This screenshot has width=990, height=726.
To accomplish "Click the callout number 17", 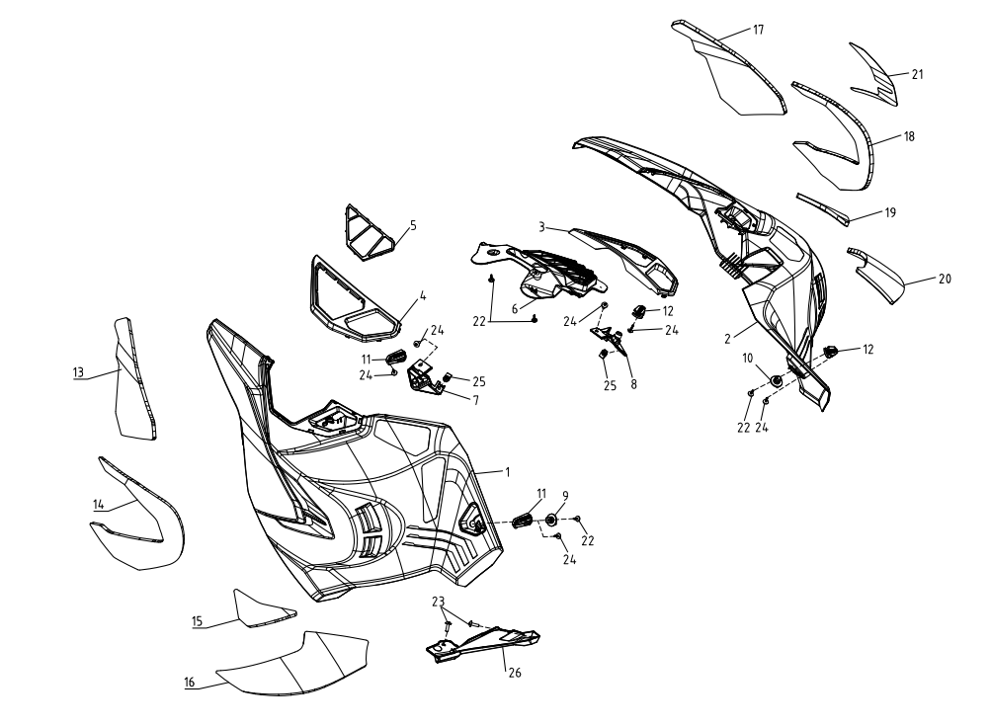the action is click(758, 30).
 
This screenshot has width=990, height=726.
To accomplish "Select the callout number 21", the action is click(918, 74).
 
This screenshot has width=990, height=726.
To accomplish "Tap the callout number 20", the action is click(945, 279).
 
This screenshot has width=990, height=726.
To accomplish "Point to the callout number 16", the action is click(190, 683).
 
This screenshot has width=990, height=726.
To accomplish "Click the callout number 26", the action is click(515, 673).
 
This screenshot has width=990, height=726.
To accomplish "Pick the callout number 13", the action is click(78, 372).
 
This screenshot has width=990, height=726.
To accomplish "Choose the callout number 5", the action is click(414, 225).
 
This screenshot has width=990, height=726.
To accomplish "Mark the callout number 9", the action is click(565, 496).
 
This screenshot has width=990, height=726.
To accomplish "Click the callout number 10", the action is click(748, 359).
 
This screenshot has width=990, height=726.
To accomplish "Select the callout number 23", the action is click(438, 601).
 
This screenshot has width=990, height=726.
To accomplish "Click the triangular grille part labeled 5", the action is click(370, 232).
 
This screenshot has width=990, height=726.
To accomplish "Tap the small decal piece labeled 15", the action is click(263, 608).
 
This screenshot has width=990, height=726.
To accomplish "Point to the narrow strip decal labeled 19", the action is click(822, 209).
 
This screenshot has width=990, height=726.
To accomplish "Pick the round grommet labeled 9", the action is click(550, 520).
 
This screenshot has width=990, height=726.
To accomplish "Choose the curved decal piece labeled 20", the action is click(876, 276).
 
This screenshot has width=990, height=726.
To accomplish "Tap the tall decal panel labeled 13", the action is click(133, 378).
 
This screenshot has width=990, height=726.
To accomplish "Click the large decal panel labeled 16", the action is click(291, 664).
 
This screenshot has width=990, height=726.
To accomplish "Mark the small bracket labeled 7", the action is click(425, 377).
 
